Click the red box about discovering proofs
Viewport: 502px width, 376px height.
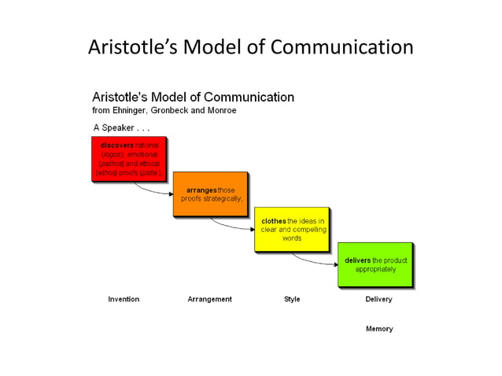[x=128, y=159]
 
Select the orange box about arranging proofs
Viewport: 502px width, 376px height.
[x=210, y=194]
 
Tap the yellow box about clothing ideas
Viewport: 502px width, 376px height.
[x=291, y=229]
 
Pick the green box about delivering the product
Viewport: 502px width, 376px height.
[x=375, y=264]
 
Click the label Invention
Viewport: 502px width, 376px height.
[x=124, y=299]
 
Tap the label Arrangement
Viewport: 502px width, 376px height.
[x=209, y=299]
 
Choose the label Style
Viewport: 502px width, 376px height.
[x=292, y=299]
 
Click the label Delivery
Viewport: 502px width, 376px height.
[x=378, y=299]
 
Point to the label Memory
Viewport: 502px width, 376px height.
[x=378, y=329]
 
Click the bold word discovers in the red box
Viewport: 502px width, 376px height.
[x=117, y=146]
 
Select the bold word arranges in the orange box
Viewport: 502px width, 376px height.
[x=201, y=190]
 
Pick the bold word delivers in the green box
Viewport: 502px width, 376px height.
[x=358, y=260]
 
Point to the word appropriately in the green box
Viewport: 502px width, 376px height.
[x=375, y=269]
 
